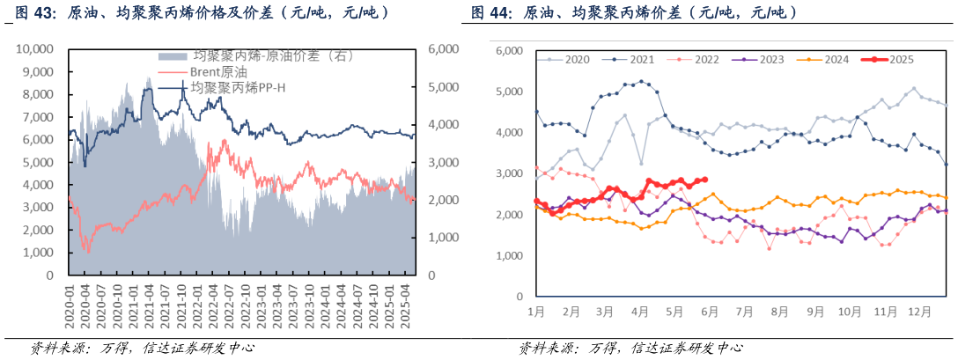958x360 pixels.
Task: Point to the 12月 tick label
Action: coord(918,312)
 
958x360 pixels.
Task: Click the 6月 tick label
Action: coord(710,312)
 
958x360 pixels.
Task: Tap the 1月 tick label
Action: coord(536,312)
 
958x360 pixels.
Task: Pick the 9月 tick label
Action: coord(814,312)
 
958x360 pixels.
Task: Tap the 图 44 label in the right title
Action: coord(490,13)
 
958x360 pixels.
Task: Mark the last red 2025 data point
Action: coord(704,180)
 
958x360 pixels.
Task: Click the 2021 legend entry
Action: coord(640,60)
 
